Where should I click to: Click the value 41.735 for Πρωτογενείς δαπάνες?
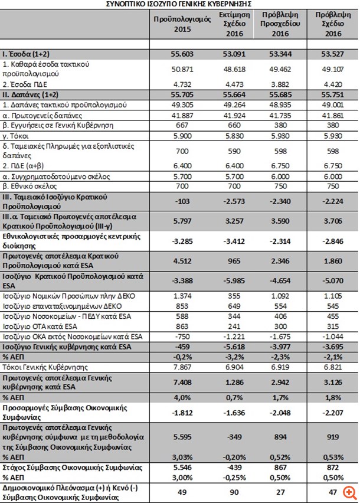click(281, 115)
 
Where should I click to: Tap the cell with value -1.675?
click(281, 336)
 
